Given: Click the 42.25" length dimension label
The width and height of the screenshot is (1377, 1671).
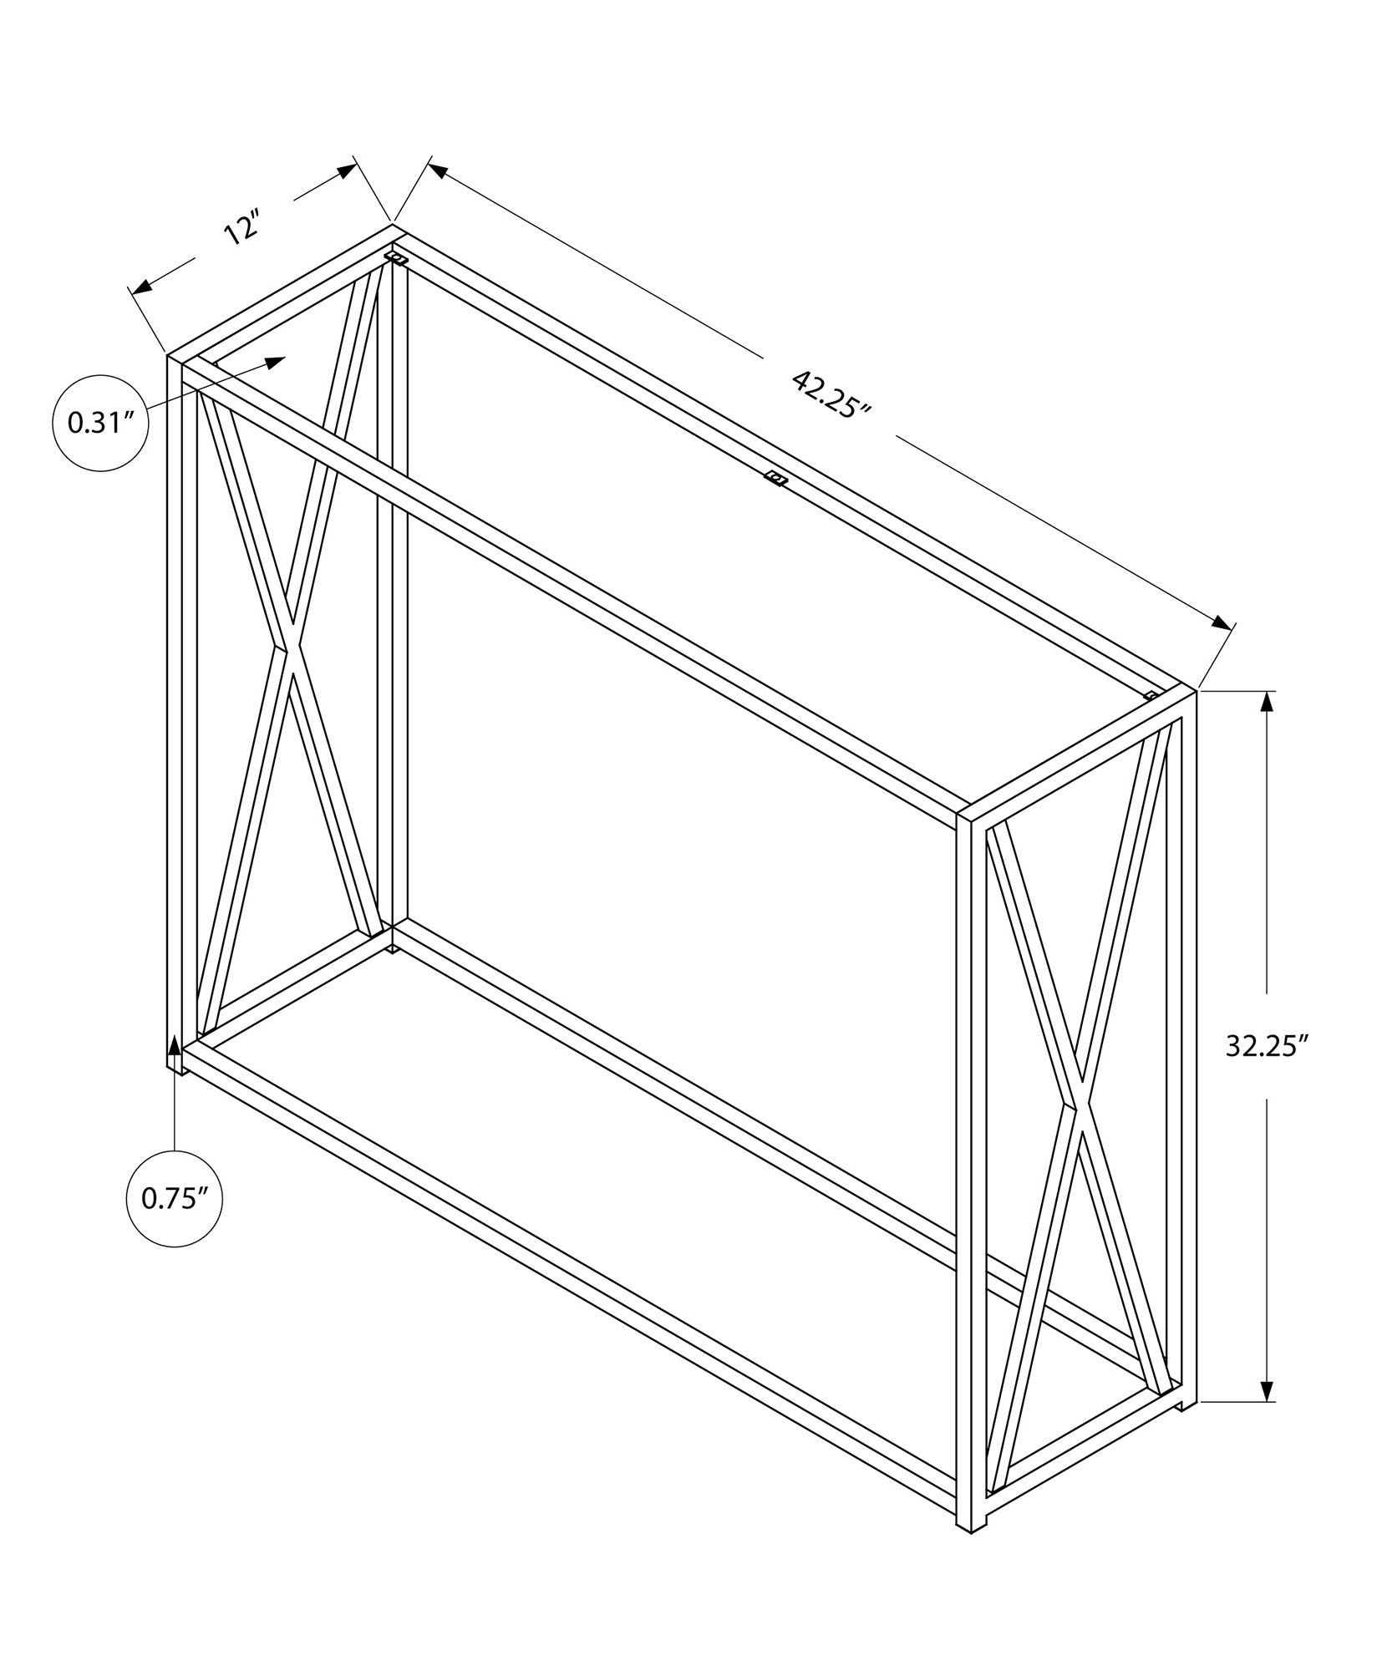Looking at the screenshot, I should coord(831,395).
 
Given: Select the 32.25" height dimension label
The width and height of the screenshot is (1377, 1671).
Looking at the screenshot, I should coord(1266,1046).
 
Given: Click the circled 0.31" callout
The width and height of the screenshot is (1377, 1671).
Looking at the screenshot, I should coord(101,423).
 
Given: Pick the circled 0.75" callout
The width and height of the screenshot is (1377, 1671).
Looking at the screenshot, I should coord(174,1199).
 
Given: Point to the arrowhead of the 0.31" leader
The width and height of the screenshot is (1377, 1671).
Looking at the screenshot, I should coord(276,361).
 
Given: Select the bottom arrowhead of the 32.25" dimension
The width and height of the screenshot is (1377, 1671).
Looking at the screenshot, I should coord(1268,1389).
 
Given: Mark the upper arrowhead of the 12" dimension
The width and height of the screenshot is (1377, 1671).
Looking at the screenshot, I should coord(347,172).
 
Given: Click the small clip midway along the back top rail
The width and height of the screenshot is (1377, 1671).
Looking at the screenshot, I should coord(776,479).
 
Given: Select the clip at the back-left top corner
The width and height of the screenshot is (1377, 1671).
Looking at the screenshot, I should coord(396,257).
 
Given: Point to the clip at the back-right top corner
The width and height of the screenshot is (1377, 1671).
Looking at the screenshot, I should coord(1152,695).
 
